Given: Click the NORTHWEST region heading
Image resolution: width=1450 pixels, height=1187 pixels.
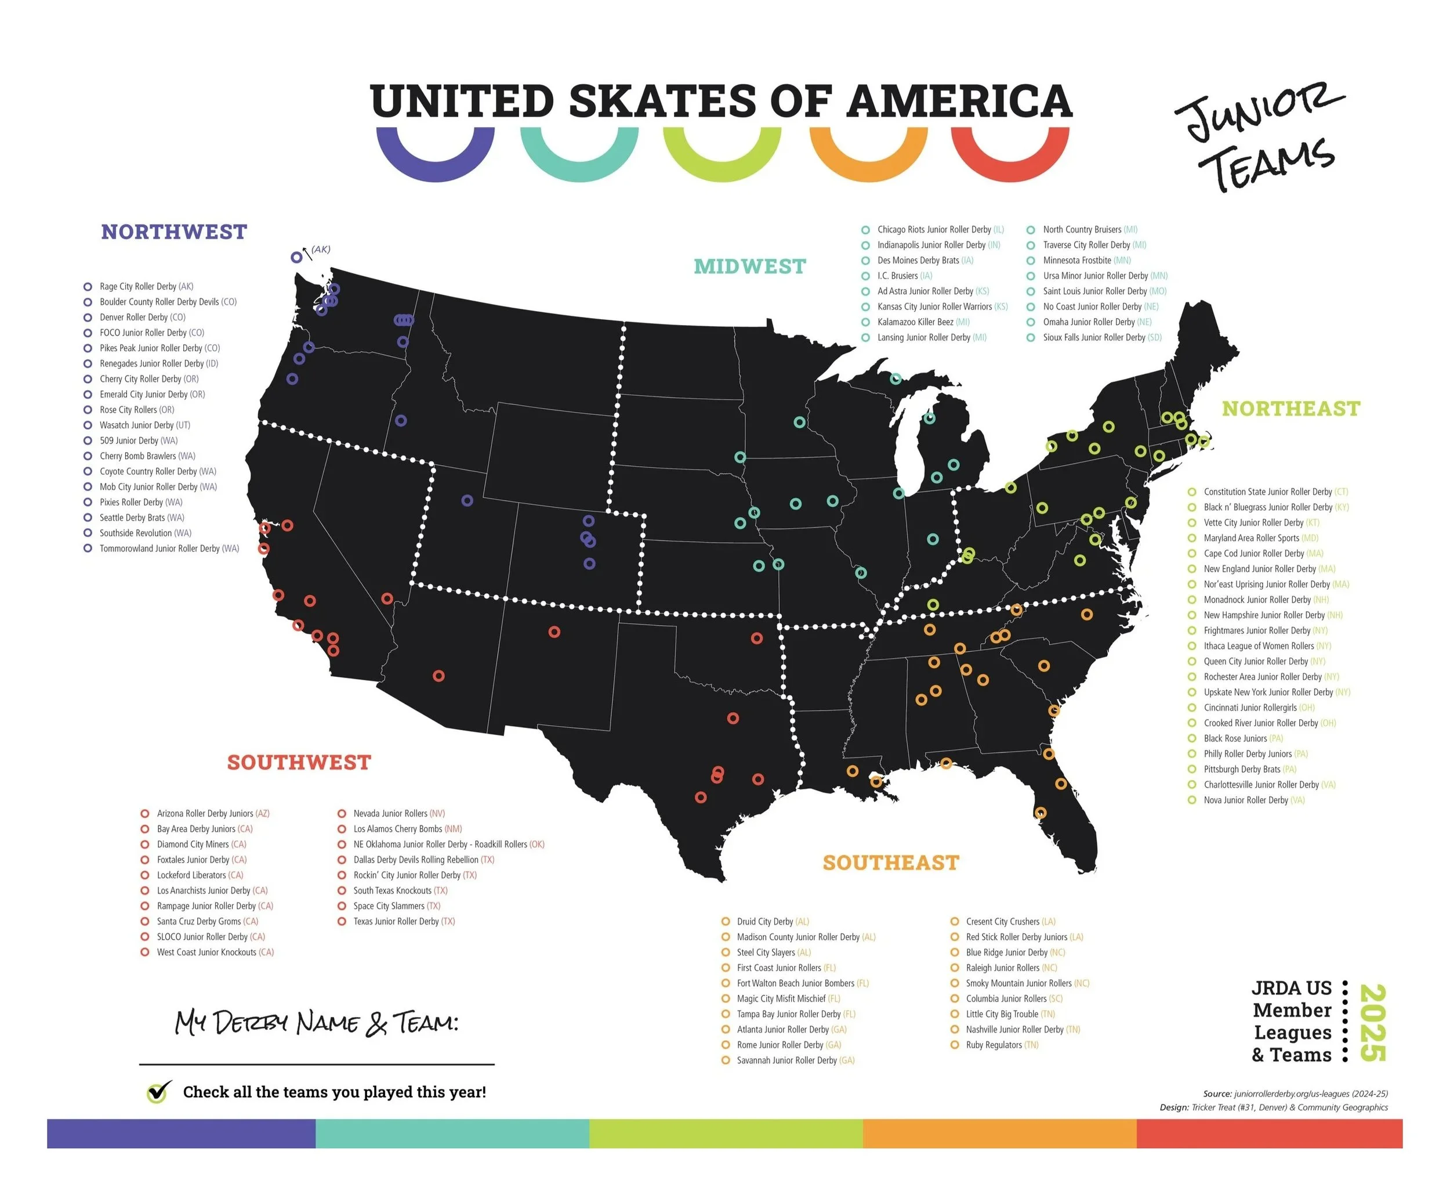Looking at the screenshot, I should click(x=173, y=232).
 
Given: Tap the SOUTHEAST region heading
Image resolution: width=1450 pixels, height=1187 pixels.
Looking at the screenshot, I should click(x=890, y=863).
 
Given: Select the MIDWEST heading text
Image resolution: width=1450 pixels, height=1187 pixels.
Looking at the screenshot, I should click(x=749, y=266).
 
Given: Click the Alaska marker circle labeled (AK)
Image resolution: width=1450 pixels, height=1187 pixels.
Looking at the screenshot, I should click(x=296, y=258).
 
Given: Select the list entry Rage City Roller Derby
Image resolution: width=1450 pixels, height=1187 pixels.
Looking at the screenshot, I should click(x=146, y=287).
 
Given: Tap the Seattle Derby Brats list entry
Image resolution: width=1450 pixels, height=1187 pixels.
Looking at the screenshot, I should click(x=142, y=518).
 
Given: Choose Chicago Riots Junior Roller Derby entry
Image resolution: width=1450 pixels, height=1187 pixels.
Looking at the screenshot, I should click(x=933, y=230).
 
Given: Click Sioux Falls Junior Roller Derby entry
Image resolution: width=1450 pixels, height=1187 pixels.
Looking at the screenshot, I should click(x=1093, y=338).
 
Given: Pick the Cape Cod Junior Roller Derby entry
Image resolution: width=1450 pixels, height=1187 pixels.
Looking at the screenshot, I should click(x=1253, y=554).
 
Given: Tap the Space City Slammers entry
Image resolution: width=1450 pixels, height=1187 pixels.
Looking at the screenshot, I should click(x=389, y=906).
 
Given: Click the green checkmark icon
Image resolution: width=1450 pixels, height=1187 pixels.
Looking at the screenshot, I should click(x=158, y=1092).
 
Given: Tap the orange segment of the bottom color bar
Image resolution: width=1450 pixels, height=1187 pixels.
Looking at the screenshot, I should click(x=999, y=1134).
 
